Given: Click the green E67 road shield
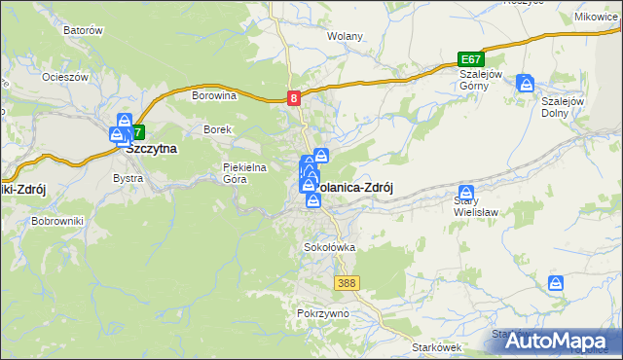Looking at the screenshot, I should click(x=470, y=60).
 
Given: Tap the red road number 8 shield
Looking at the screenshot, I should click(x=294, y=97).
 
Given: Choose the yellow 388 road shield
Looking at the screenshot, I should click(x=346, y=283).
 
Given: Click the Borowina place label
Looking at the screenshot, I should click(x=215, y=95).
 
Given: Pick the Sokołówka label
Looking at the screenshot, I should click(x=330, y=247).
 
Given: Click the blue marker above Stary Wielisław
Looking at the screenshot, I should click(x=466, y=193).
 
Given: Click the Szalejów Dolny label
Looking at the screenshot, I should click(x=562, y=106).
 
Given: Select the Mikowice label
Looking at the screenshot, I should click(x=597, y=17).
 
